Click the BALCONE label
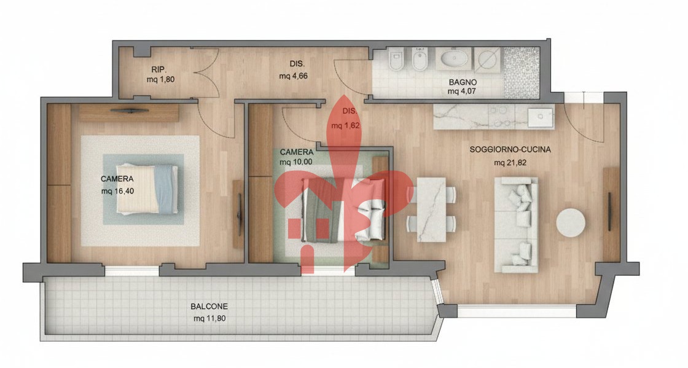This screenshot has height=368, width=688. pyautogui.click(x=209, y=306)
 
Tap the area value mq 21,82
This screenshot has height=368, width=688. pyautogui.click(x=510, y=162)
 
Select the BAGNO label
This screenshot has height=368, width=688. pyautogui.click(x=463, y=82)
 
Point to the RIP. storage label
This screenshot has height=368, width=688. pyautogui.click(x=160, y=69)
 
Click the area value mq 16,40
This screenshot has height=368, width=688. pyautogui.click(x=117, y=191)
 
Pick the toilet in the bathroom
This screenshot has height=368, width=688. pyautogui.click(x=396, y=59)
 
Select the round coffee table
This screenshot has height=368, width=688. pyautogui.click(x=571, y=223)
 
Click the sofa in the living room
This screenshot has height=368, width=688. pyautogui.click(x=517, y=225)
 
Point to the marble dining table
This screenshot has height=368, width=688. pyautogui.click(x=431, y=209)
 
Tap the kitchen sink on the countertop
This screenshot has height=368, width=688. pyautogui.click(x=541, y=116)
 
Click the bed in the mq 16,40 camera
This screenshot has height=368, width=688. pyautogui.click(x=147, y=189)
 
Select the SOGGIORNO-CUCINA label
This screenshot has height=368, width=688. pyautogui.click(x=510, y=149)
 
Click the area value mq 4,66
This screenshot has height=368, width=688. pyautogui.click(x=293, y=76)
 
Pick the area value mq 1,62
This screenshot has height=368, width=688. pyautogui.click(x=345, y=125)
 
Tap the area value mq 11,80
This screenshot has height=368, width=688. pyautogui.click(x=209, y=318)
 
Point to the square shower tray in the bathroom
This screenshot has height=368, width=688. pyautogui.click(x=488, y=59)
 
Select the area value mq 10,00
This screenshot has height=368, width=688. pyautogui.click(x=296, y=162)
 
